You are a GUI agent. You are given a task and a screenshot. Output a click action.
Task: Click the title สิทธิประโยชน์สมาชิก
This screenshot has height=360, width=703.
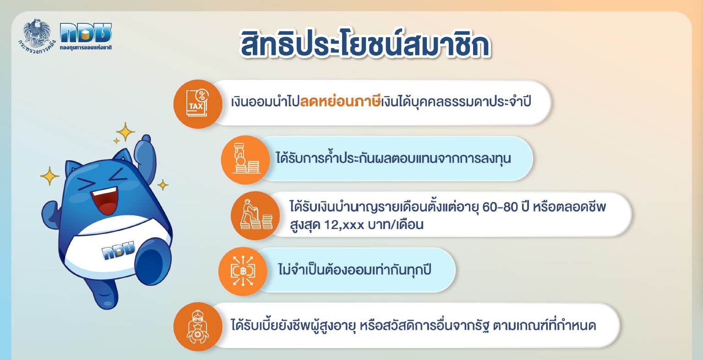click(365, 44)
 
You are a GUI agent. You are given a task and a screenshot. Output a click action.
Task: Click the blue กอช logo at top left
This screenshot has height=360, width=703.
click(85, 33)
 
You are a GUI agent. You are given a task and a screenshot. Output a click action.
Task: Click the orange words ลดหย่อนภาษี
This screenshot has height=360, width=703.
click(340, 102)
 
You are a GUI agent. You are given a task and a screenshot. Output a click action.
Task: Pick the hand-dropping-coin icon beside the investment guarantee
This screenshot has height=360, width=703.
click(245, 160)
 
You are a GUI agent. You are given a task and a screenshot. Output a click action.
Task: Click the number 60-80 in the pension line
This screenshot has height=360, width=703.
click(500, 207)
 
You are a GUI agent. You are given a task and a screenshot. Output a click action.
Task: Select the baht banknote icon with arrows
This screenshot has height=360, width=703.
click(243, 271)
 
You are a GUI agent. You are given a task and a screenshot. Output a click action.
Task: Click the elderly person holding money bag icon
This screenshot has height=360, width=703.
click(198, 327)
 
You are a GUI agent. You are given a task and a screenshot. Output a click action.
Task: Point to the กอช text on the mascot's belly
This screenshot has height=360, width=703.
click(118, 250)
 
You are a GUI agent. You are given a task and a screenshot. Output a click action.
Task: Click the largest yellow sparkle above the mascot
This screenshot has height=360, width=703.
click(125, 132)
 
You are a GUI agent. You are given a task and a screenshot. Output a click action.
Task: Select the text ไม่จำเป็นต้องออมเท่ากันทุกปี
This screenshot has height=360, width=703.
click(354, 270)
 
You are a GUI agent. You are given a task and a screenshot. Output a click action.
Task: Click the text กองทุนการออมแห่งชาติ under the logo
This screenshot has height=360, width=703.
click(86, 48)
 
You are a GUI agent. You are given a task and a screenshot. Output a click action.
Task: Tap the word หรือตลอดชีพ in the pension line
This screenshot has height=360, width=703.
click(569, 207)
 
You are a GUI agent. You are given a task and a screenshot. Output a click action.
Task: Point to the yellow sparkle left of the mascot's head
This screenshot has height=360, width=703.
click(49, 176)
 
